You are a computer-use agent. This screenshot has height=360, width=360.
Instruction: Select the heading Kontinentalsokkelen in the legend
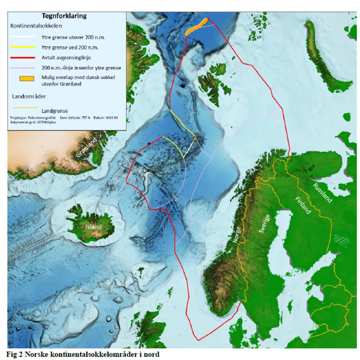(x=37, y=26)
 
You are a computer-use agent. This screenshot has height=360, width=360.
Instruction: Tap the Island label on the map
(x=93, y=227)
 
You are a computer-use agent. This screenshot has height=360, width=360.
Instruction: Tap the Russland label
(x=323, y=192)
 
